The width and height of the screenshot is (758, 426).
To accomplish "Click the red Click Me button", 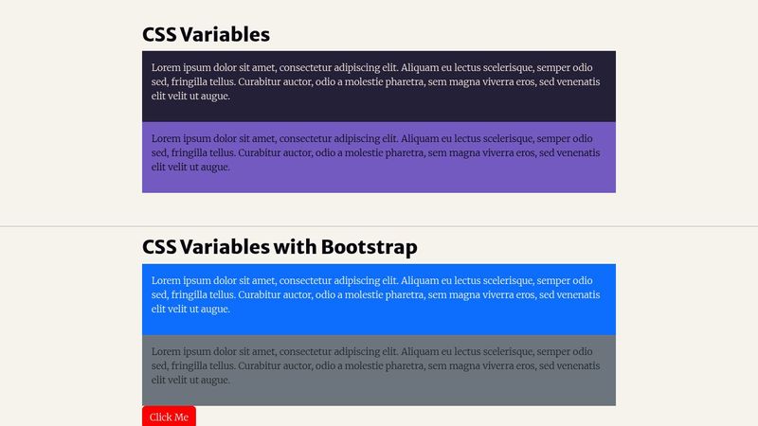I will point(169,417).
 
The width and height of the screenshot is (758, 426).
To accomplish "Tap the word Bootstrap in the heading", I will point(369,247).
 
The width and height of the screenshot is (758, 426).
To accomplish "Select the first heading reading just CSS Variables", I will point(206,34).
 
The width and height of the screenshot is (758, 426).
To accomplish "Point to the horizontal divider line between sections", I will point(379,226).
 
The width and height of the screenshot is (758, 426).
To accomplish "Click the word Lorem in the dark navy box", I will point(166,68).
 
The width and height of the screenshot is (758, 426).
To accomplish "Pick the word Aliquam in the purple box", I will point(420,139).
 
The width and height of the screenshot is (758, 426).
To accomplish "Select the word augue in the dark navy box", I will point(216,97).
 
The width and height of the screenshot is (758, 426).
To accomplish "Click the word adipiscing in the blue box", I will point(364,281).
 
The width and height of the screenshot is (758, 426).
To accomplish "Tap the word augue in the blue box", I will point(216,310).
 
